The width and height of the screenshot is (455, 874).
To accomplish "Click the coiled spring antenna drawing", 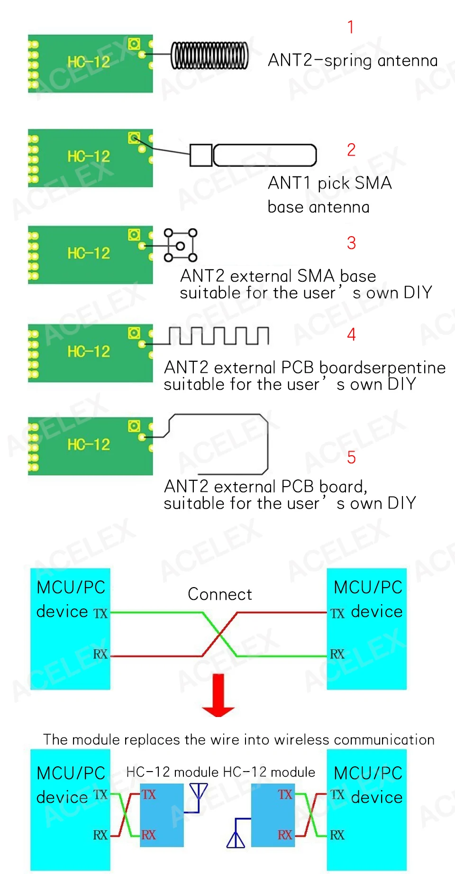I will pos(209,55).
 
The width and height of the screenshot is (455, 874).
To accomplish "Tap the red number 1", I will pos(351,28).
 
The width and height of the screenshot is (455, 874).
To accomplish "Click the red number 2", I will pos(351,150).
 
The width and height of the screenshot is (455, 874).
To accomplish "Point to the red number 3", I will pos(351,243).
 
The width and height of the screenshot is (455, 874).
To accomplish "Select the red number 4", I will pos(351,334).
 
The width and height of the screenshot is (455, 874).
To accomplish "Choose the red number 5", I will pos(351,458).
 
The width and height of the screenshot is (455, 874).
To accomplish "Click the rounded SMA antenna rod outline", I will pos(265,156).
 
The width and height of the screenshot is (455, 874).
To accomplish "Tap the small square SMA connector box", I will pos(201,155).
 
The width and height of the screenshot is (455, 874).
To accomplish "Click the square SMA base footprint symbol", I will pos(180,245).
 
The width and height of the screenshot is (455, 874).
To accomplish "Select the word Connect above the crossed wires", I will pos(219,594).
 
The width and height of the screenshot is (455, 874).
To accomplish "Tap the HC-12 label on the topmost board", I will pos(89,62).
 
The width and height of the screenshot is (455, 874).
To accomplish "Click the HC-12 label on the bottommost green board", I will pos(89,444).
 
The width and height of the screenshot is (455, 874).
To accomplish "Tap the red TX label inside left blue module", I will pos(149,795).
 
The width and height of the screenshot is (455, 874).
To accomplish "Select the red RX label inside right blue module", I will pos(285,835).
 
